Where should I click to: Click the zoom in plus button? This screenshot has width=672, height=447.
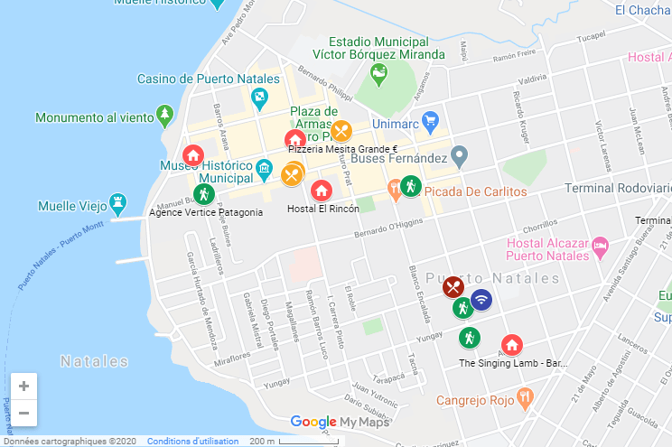23,386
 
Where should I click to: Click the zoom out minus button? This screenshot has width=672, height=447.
23,413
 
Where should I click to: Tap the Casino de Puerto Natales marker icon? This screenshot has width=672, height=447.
259,97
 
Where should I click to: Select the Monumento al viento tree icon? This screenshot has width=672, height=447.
164,116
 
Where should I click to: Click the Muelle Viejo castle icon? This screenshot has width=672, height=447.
117,200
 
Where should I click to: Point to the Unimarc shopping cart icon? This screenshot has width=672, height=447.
430,119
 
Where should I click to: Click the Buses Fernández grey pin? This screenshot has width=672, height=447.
459,155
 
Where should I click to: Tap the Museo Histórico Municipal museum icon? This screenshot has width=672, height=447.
264,169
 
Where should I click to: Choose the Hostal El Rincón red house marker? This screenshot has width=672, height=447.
321,191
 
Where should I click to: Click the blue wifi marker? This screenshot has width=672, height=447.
481,300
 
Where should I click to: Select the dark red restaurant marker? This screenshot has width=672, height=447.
453,287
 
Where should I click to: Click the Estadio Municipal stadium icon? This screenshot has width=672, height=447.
378,71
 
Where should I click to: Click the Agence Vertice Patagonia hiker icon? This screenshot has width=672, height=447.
203,193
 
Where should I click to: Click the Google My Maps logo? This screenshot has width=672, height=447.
339,422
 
